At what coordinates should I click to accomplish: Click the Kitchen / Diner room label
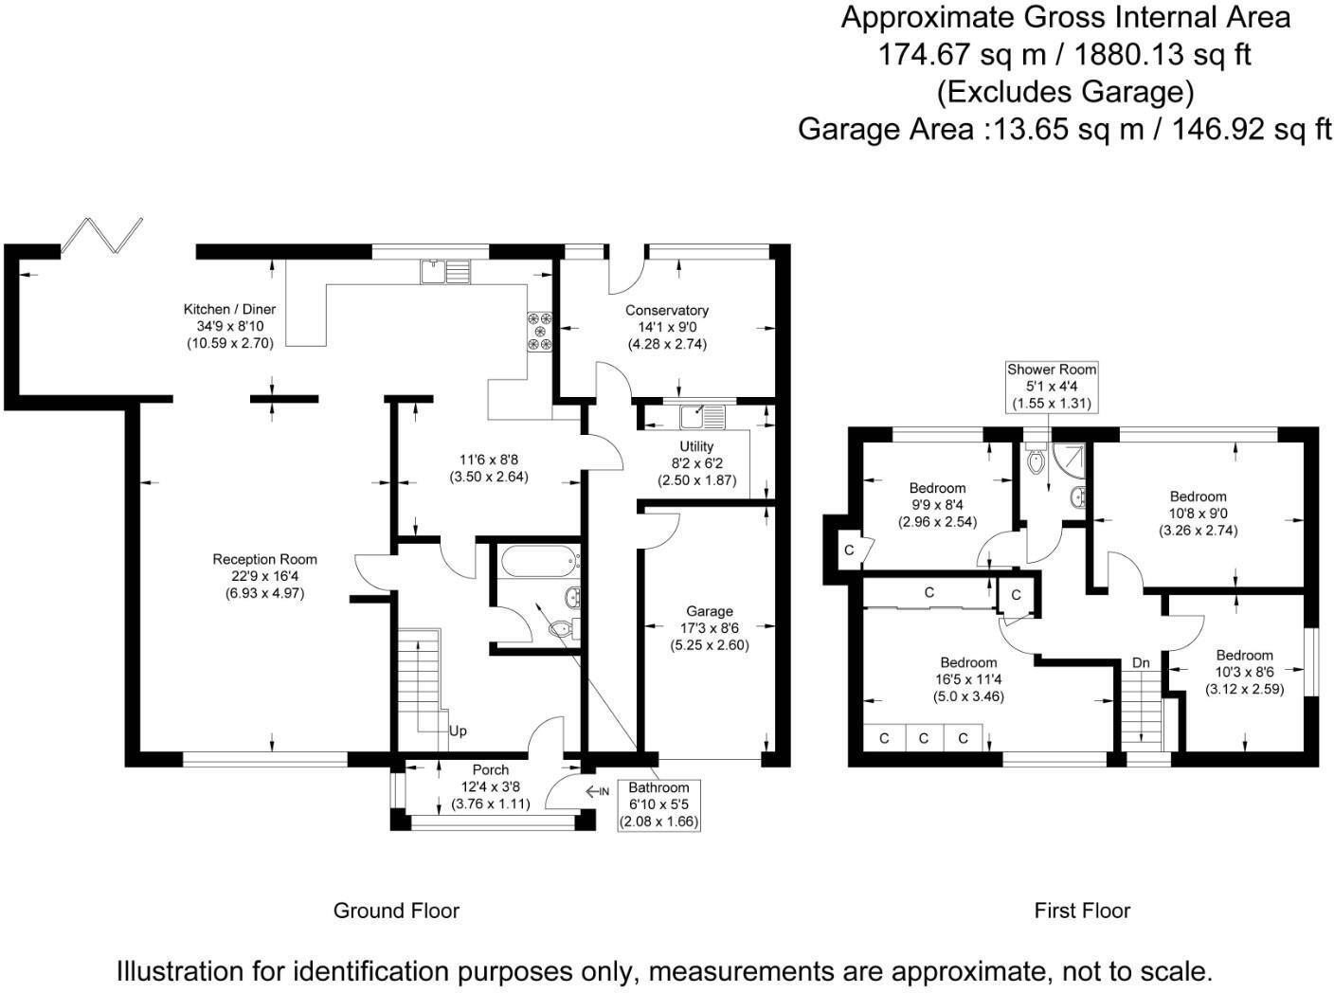coord(229,310)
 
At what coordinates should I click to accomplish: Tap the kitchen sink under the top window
coord(444,272)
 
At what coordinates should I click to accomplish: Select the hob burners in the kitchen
coord(541,331)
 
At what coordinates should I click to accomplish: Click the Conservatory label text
coord(666,311)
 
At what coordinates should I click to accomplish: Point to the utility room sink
coord(702,414)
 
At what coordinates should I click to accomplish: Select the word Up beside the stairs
coord(458,731)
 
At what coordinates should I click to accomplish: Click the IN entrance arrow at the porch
coord(597,791)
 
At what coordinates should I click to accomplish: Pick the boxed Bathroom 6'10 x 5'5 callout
coord(658,805)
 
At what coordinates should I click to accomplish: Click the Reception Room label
coord(264,559)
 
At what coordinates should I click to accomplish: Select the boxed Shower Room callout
coord(1052,386)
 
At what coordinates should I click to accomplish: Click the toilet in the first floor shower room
coord(1037,460)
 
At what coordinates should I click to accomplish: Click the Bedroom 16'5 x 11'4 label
coord(968,662)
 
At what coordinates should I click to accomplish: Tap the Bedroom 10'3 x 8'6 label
coord(1244,656)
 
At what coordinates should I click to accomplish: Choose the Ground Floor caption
coord(396,912)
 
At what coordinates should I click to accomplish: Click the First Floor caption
coord(1082,912)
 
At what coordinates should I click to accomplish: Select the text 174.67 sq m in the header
coord(962,55)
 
